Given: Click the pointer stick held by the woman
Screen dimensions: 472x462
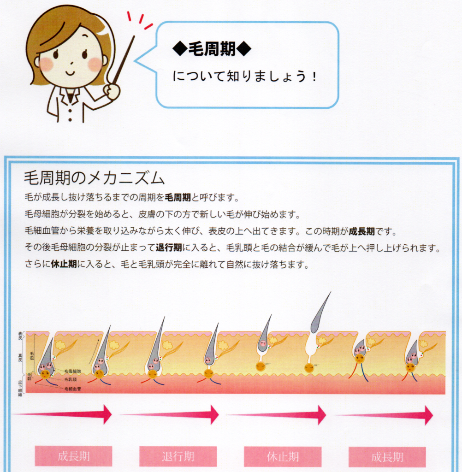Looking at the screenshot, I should click(x=124, y=59).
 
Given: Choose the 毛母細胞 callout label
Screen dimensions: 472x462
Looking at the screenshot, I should click(x=72, y=371).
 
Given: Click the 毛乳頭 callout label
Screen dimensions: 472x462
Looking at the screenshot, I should click(x=70, y=379).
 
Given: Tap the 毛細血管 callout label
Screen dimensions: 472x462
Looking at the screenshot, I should click(x=72, y=389).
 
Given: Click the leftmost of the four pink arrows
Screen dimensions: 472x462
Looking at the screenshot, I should click(x=65, y=413).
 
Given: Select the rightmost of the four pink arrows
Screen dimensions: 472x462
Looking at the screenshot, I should click(x=387, y=415).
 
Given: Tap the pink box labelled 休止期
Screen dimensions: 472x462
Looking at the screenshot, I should click(x=283, y=456).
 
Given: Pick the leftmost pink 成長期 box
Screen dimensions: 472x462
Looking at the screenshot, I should click(x=74, y=456).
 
